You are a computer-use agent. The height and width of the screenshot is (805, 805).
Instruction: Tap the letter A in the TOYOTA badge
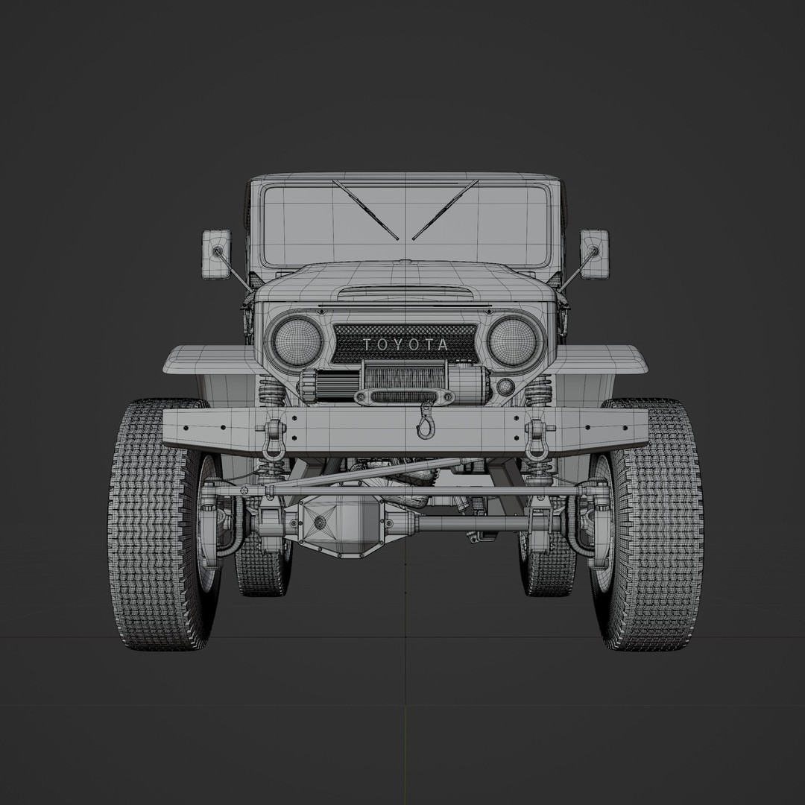click(444, 344)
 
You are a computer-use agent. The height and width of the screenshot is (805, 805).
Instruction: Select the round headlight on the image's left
click(297, 340)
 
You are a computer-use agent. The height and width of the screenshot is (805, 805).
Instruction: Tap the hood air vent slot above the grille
click(404, 292)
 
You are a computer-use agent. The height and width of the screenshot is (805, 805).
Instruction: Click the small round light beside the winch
click(505, 387)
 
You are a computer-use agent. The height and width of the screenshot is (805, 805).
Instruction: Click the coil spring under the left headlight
click(271, 391)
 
